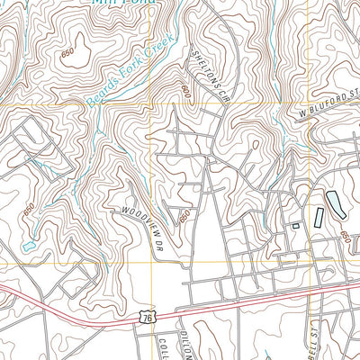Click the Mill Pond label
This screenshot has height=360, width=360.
pos(122,3)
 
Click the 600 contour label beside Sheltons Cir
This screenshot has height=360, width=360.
pos(186,91)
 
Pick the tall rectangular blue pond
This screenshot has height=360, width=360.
pos(319,217)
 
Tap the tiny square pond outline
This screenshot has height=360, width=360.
pos(296,225)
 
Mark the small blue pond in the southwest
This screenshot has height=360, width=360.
pos(29,245)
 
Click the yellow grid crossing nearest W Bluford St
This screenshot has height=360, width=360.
pos(305,105)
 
